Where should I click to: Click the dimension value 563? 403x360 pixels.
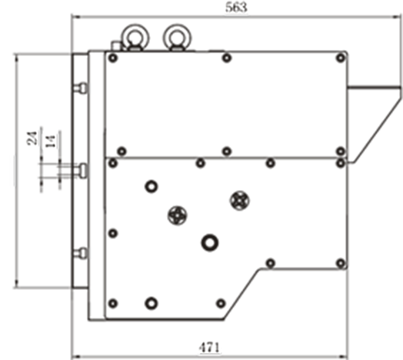point(236,7)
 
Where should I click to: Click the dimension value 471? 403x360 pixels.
point(210,348)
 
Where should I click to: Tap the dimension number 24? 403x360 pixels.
point(32,138)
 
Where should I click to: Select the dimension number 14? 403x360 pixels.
point(51,142)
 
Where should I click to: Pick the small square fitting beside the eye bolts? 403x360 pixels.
point(116,46)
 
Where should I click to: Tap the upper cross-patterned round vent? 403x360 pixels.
point(240,200)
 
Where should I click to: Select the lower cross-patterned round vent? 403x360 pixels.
point(178,215)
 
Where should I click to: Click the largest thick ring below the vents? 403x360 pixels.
point(210,243)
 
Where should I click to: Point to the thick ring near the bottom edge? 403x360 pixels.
point(151,303)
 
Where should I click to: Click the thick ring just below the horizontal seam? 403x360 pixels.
point(152,186)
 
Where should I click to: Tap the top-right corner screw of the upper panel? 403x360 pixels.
point(341,58)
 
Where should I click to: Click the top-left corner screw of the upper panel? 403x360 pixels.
point(113,58)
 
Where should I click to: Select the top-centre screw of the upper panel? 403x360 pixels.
point(226,58)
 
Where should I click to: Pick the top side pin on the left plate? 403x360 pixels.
point(81,88)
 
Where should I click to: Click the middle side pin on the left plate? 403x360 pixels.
point(82,170)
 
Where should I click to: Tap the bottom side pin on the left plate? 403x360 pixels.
point(81,253)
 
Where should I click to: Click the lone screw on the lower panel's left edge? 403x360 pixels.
point(113,234)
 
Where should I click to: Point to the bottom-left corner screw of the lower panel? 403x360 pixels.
point(113,303)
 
